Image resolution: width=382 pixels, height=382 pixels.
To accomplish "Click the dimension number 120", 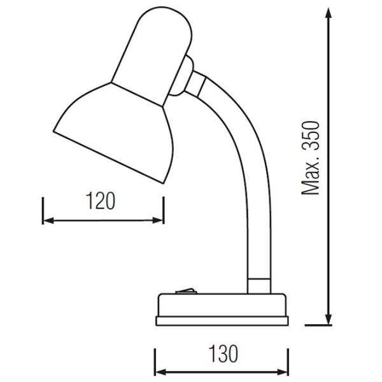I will pos(101,201).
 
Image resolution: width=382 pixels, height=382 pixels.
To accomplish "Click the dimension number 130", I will pos(222,352).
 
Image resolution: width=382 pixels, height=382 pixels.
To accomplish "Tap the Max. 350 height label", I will pos(311,157).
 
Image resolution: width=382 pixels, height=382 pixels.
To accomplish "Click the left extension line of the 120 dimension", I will pos(43,210).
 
